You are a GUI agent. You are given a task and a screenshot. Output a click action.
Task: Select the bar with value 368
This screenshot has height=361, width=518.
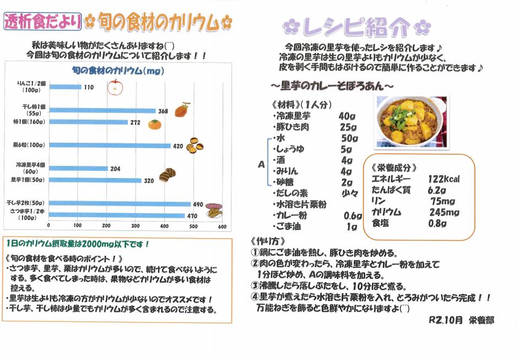tap(102, 111)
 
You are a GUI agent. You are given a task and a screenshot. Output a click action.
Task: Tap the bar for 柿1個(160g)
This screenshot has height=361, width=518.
tap(88, 122)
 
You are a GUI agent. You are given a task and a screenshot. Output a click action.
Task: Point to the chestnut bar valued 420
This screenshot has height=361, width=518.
tap(110, 146)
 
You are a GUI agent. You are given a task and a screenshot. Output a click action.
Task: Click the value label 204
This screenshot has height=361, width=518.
tap(115, 169)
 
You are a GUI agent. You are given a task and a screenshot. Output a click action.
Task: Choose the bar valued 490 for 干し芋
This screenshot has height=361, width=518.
tap(120, 204)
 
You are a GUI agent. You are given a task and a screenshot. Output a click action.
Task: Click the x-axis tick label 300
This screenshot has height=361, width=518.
tap(164, 225)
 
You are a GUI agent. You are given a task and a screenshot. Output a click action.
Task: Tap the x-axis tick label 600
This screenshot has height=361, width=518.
tap(222, 225)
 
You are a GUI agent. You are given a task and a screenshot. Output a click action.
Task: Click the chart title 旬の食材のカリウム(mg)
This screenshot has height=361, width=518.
tap(118, 71)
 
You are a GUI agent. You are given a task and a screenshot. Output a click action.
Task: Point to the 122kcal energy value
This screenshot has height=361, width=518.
tap(444, 179)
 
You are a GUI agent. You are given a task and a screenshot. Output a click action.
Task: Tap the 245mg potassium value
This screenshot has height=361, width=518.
tap(445, 212)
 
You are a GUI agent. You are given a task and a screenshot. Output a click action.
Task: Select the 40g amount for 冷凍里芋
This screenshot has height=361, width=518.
tap(347, 116)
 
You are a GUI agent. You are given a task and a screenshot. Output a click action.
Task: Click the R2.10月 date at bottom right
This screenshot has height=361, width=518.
tap(445, 320)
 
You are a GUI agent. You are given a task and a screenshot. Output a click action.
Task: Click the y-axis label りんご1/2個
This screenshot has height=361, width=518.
tap(30, 83)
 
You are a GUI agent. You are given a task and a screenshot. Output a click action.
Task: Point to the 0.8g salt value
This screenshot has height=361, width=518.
tap(438, 223)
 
